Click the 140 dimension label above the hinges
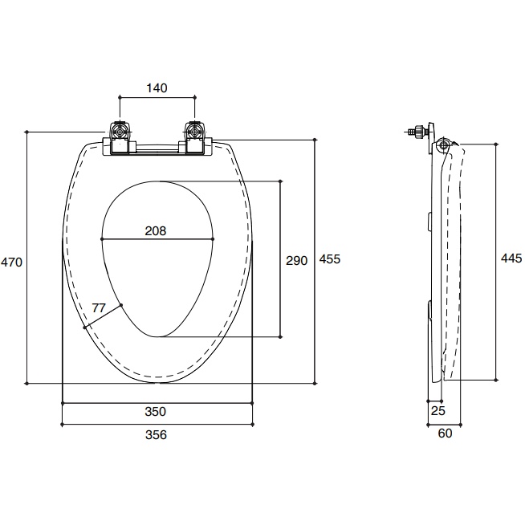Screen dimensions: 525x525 coord(157,88)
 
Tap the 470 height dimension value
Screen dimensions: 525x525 coord(11,262)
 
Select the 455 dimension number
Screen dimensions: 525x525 coord(330,258)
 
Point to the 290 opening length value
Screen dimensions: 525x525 coord(297,260)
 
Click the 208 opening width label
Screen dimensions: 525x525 coord(156,231)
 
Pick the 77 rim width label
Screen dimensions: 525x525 coord(99,307)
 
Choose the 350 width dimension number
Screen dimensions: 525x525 coord(156,412)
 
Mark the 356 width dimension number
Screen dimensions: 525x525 coord(156,435)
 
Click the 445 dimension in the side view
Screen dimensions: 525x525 coord(511,258)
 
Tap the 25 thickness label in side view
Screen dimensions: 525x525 coord(438,410)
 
